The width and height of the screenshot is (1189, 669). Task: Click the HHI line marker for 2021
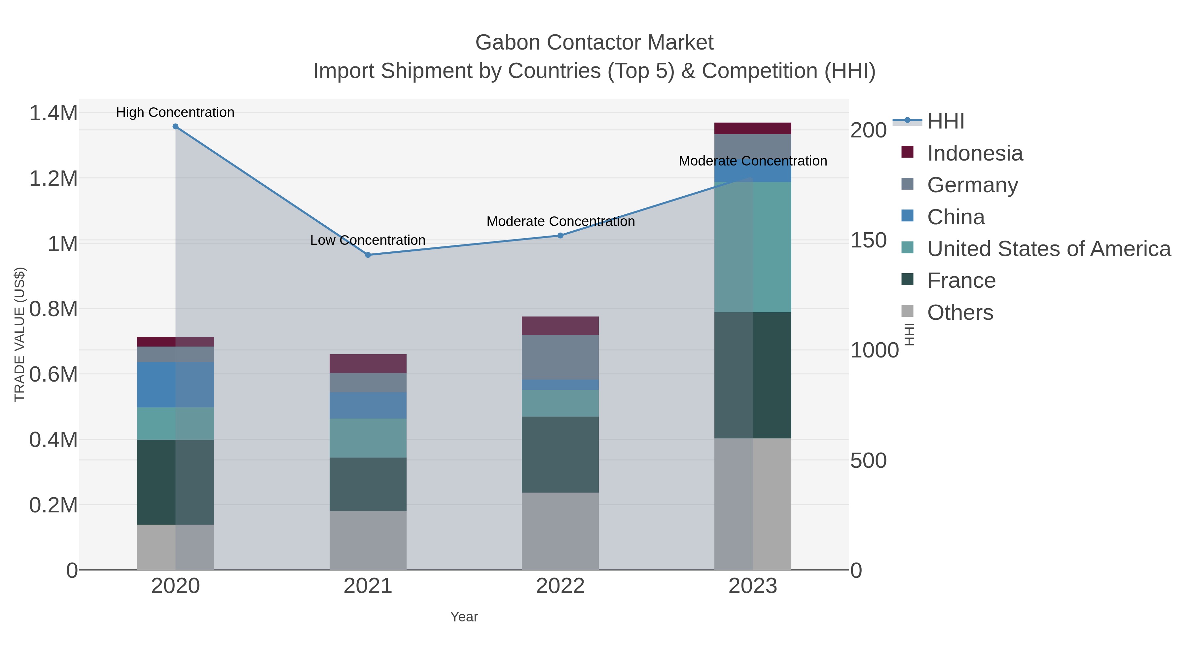point(368,255)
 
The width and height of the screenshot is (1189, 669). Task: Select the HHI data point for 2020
point(175,127)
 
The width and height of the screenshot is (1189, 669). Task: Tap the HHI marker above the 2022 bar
point(560,236)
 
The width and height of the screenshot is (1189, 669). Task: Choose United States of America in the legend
point(1048,248)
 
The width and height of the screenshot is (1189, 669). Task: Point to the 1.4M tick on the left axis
point(53,113)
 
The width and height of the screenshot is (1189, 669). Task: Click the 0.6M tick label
point(53,374)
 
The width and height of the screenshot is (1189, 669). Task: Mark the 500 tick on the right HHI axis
point(868,461)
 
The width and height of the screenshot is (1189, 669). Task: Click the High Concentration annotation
point(175,112)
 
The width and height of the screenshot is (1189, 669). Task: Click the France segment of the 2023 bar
point(753,375)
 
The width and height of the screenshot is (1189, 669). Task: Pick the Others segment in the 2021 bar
point(368,540)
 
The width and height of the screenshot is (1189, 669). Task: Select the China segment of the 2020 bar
point(175,385)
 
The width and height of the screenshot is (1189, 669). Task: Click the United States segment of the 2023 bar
point(753,247)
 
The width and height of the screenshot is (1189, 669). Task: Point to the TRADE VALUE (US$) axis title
point(19,334)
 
